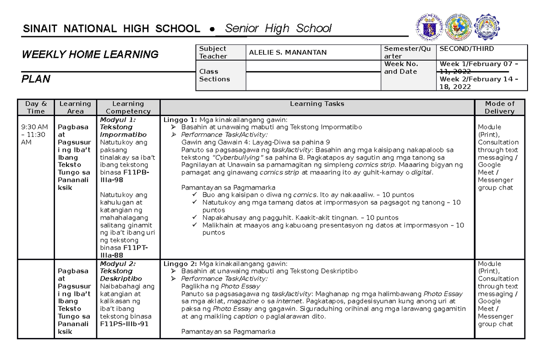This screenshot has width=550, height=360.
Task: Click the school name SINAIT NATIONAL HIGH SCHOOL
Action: point(111,29)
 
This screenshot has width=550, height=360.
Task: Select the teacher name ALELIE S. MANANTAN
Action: point(287,52)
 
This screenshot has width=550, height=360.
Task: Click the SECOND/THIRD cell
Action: point(467,49)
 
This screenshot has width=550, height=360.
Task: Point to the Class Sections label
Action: point(214,75)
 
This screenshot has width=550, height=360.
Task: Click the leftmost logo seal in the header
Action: point(427,27)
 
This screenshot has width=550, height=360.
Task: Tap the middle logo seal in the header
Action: point(458,27)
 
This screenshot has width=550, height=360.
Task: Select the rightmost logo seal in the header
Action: point(486,27)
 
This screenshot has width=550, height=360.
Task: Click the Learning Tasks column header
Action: point(317,104)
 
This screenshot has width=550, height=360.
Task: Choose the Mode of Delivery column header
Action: point(499,107)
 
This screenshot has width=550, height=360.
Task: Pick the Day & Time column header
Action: point(36,107)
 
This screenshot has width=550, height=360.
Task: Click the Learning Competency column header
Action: point(128,107)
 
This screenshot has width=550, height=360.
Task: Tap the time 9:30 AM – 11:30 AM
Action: point(33,134)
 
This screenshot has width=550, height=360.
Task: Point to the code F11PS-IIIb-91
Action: point(124,324)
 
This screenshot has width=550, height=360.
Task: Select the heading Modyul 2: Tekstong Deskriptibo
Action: point(121,271)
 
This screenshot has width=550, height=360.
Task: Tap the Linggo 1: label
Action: point(180,120)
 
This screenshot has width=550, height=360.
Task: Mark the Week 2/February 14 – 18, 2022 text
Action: point(478,83)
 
